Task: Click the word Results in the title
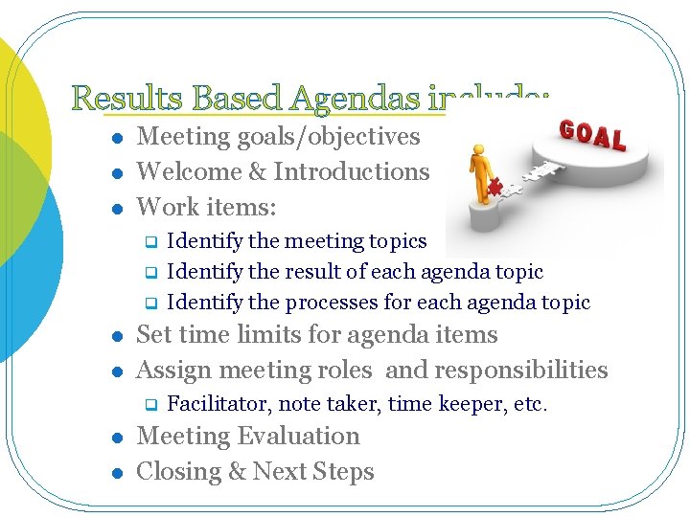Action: pyautogui.click(x=128, y=99)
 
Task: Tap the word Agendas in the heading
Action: pyautogui.click(x=356, y=99)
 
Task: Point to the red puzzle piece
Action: pyautogui.click(x=496, y=186)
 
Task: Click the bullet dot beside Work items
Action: pyautogui.click(x=116, y=209)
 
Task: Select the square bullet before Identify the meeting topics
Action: pyautogui.click(x=149, y=242)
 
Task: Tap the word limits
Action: pyautogui.click(x=255, y=335)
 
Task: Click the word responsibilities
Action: pyautogui.click(x=521, y=371)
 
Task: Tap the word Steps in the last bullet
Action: pyautogui.click(x=340, y=472)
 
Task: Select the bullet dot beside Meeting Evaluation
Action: pyautogui.click(x=116, y=438)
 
